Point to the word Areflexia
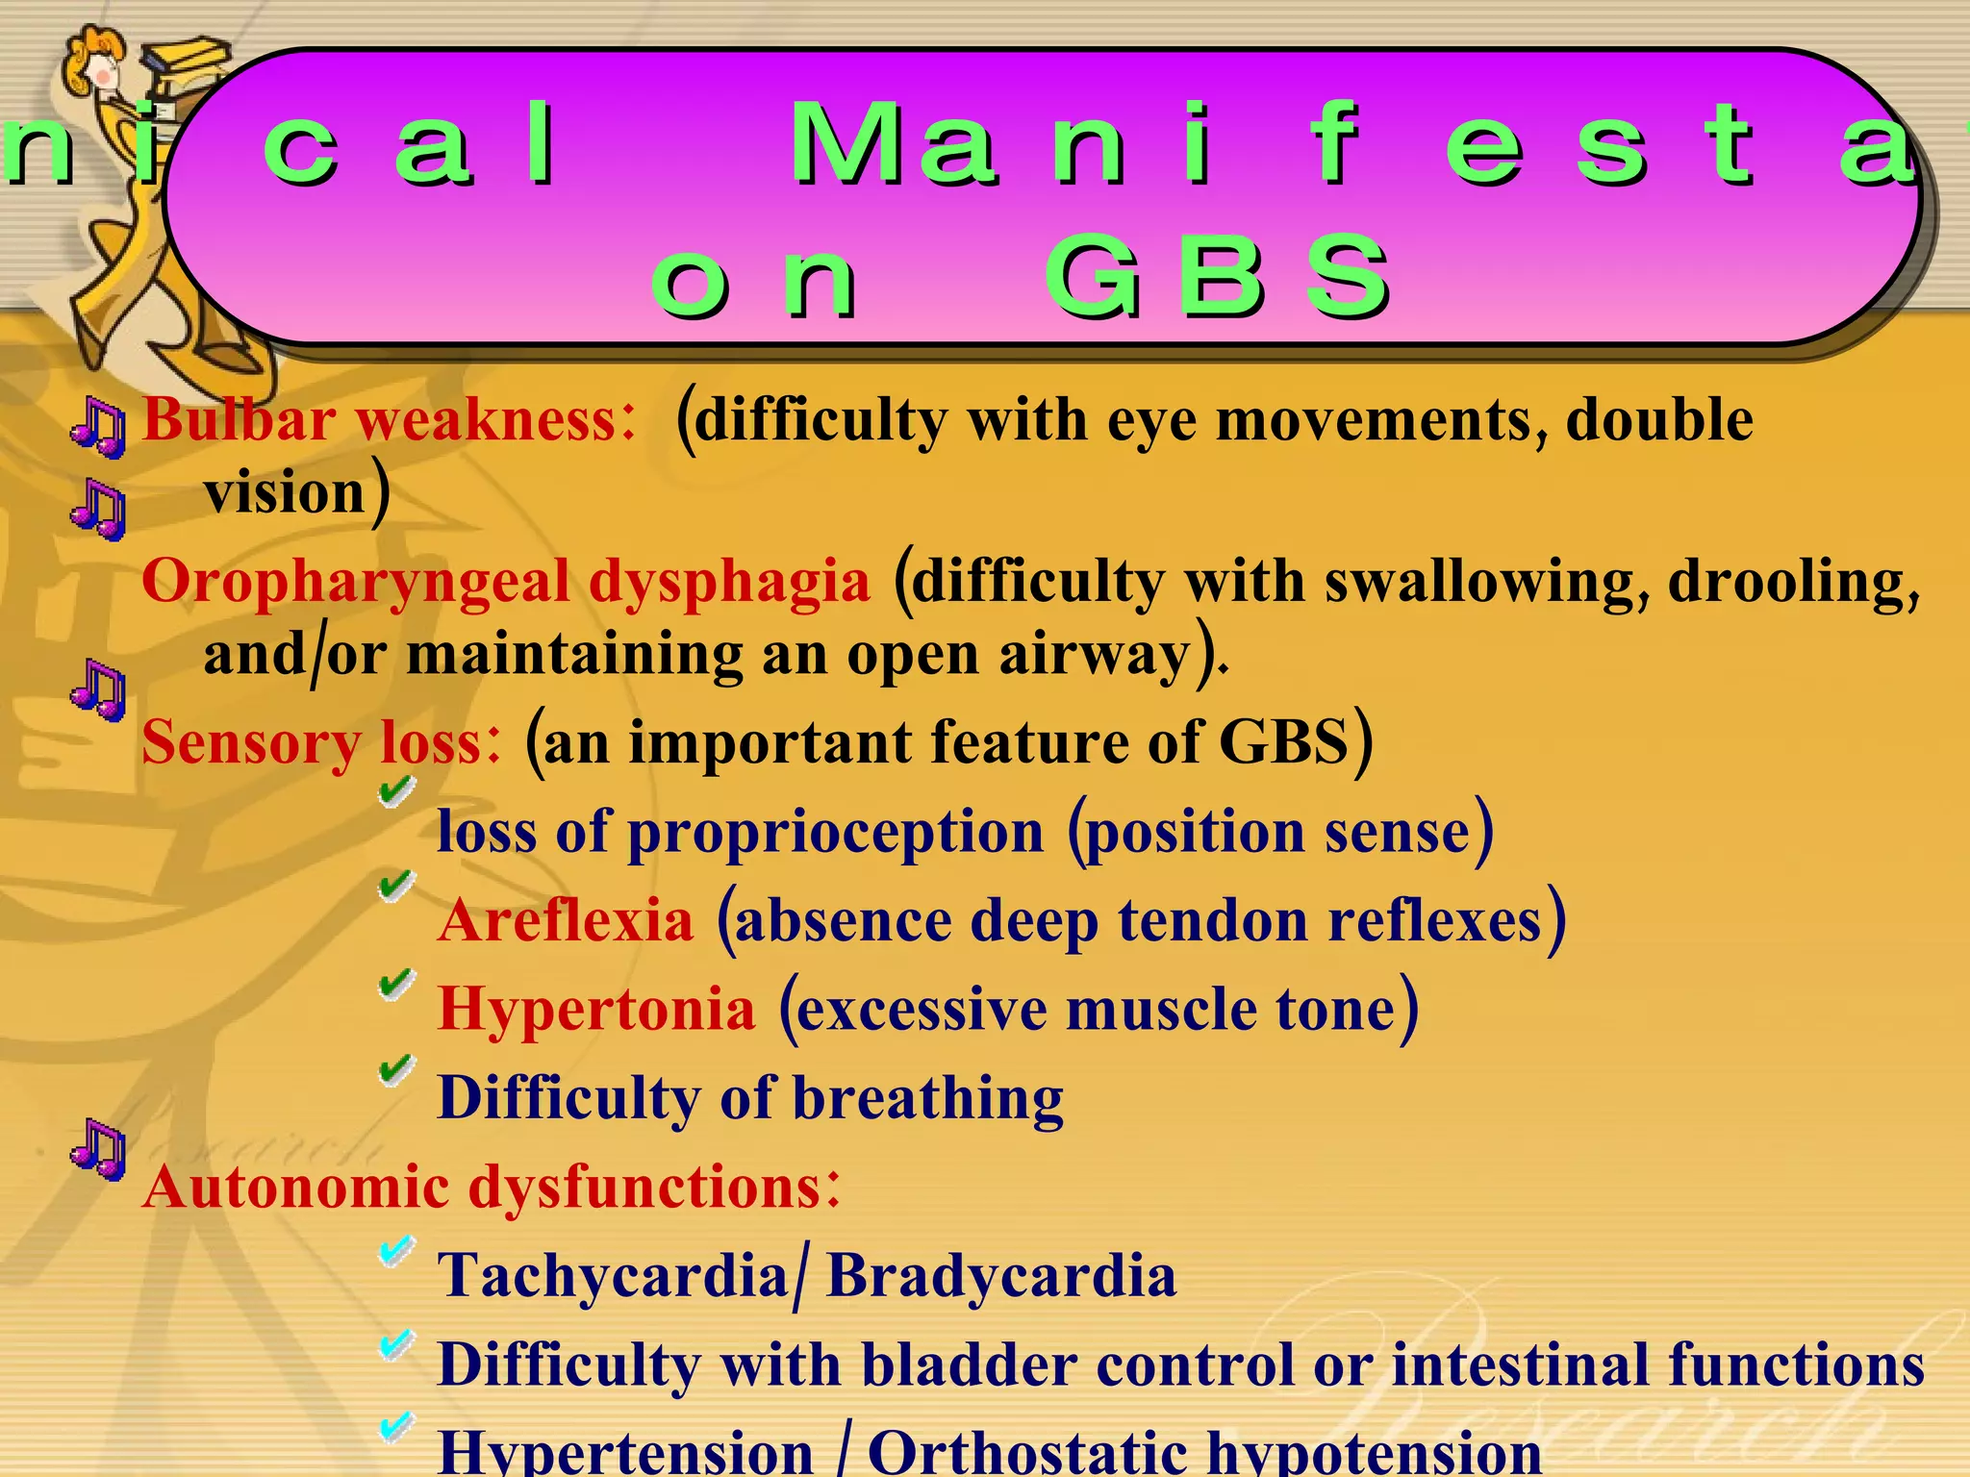(x=566, y=920)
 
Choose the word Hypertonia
(x=596, y=1010)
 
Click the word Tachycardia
(x=613, y=1276)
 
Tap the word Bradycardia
(x=1001, y=1276)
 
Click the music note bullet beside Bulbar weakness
(x=98, y=426)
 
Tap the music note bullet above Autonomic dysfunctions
(x=98, y=1148)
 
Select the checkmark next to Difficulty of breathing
(x=395, y=1069)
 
